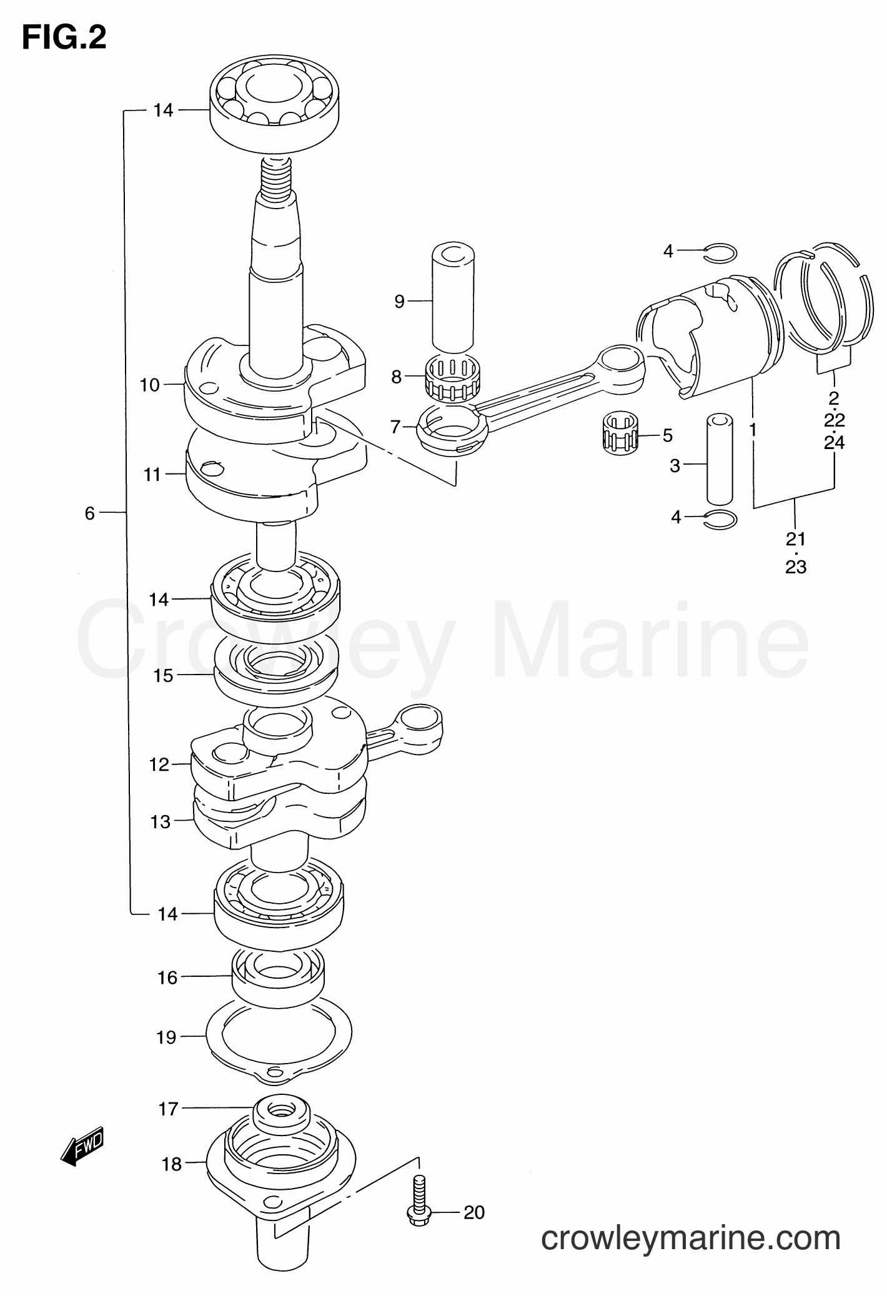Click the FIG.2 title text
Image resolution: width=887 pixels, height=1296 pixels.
[x=64, y=39]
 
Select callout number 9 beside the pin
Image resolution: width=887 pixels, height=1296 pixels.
[x=400, y=302]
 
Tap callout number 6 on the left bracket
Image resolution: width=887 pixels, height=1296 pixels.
[x=90, y=513]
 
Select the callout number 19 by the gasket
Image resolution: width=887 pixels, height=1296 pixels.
[x=167, y=1037]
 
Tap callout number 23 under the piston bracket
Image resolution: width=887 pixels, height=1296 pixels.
[x=796, y=567]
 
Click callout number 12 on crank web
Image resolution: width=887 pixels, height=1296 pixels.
[x=159, y=764]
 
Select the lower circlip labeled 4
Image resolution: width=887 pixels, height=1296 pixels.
[x=720, y=519]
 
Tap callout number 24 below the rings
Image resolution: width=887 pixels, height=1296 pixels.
[x=835, y=442]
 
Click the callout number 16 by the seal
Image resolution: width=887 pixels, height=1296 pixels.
[x=167, y=977]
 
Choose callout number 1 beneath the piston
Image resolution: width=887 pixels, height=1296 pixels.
[x=753, y=430]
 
